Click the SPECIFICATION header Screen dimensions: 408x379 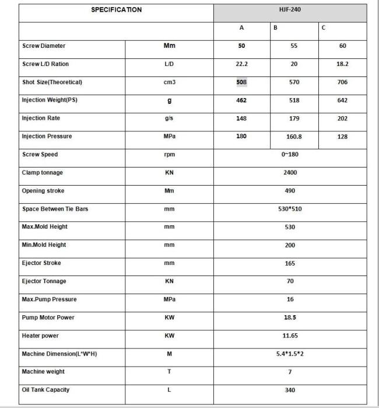(116, 10)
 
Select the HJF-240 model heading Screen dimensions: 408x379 (290, 10)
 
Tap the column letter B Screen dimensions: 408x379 (275, 28)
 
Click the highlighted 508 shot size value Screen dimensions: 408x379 (241, 82)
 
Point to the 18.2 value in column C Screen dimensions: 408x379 (342, 64)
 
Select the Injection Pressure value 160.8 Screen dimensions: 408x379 (294, 137)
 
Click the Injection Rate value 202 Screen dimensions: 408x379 (342, 118)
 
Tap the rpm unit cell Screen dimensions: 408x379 (170, 155)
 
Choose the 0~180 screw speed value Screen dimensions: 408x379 (290, 155)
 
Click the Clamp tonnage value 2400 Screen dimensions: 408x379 (290, 173)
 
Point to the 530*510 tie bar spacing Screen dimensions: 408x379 (290, 209)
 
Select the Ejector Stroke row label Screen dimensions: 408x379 (41, 263)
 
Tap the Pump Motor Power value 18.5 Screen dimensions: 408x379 (290, 318)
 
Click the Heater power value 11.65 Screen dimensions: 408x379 (290, 336)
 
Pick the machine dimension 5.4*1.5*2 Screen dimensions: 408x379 (290, 354)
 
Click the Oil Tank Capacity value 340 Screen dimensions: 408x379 (290, 390)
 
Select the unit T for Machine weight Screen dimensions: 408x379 (170, 372)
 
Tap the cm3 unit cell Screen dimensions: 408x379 (170, 82)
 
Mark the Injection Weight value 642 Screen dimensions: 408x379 (342, 100)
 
